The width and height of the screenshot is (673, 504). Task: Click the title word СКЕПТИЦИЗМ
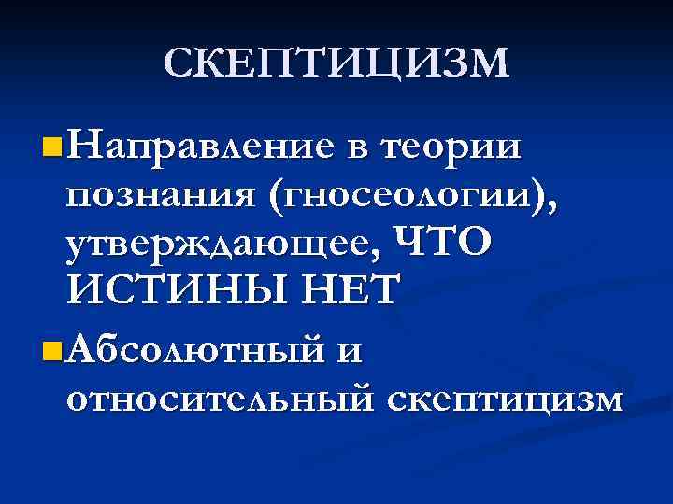336,63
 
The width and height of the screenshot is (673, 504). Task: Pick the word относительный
221,399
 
